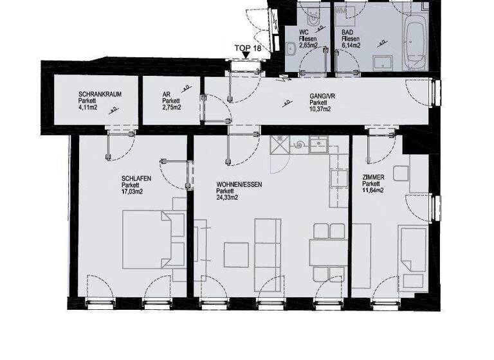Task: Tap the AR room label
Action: pos(167,94)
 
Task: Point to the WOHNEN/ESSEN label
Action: pos(239,183)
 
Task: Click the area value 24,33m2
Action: pos(227,198)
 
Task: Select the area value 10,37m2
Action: pos(320,109)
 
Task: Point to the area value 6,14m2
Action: pos(350,46)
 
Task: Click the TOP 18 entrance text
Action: pos(247,48)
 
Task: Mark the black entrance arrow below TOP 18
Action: pos(246,57)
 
